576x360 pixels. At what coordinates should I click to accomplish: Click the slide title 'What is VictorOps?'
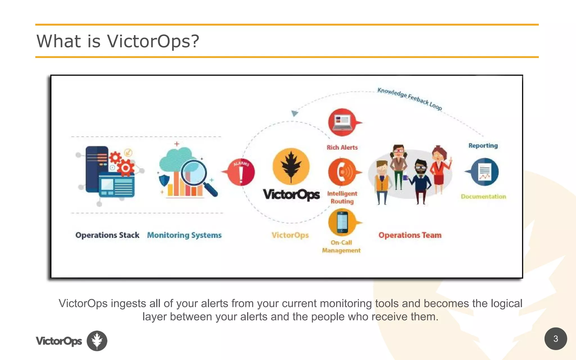(118, 41)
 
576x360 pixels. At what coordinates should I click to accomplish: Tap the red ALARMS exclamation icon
(241, 172)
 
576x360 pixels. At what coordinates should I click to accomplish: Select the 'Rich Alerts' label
(342, 147)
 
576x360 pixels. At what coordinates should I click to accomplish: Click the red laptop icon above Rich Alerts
(342, 122)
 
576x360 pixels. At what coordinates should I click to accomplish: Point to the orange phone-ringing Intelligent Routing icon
(342, 172)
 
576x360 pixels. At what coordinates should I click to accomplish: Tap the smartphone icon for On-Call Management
(342, 222)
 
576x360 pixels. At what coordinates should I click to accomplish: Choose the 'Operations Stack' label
(107, 235)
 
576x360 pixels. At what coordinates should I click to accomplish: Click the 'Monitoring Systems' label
(184, 235)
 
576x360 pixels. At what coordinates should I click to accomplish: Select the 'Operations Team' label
(410, 235)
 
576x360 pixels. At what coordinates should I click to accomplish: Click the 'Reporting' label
(483, 146)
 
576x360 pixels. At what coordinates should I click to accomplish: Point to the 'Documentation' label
(483, 197)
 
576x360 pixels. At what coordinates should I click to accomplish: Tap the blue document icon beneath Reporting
(484, 172)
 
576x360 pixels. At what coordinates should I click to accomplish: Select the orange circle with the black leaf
(291, 166)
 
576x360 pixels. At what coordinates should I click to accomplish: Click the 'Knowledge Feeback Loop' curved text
(409, 99)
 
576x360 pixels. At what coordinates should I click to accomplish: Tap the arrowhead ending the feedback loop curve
(294, 113)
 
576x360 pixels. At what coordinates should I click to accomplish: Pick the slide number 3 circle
(555, 339)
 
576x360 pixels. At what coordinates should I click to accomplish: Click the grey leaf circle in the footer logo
(97, 341)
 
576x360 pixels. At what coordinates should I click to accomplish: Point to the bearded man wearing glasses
(420, 180)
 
